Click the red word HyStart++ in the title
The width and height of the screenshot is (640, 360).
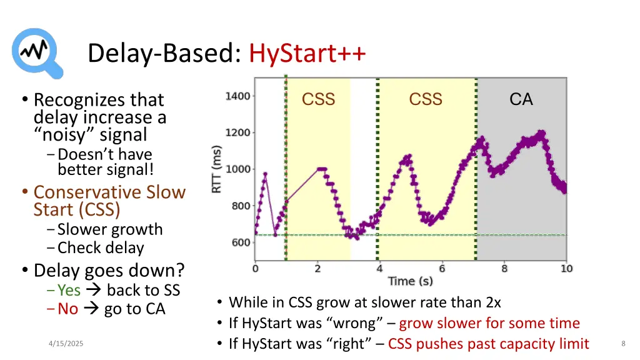(307, 54)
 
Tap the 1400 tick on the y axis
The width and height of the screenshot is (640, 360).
(238, 96)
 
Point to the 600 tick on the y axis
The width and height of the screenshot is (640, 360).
(241, 242)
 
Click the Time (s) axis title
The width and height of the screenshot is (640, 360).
(410, 281)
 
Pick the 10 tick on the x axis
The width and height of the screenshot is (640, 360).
(566, 269)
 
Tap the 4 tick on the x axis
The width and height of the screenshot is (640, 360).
(379, 269)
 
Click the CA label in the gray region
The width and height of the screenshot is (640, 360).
(521, 99)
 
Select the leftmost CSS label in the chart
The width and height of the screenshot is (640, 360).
(318, 99)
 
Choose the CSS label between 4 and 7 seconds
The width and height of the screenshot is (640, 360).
(426, 99)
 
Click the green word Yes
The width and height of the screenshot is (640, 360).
(69, 290)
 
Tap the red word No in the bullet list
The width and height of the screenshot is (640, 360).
(67, 309)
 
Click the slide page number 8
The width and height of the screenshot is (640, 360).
(623, 344)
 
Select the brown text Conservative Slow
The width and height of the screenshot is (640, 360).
(109, 192)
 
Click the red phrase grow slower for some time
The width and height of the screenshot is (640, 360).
(489, 323)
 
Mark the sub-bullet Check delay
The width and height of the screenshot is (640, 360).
(101, 247)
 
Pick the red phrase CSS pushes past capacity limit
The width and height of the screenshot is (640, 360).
(488, 343)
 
